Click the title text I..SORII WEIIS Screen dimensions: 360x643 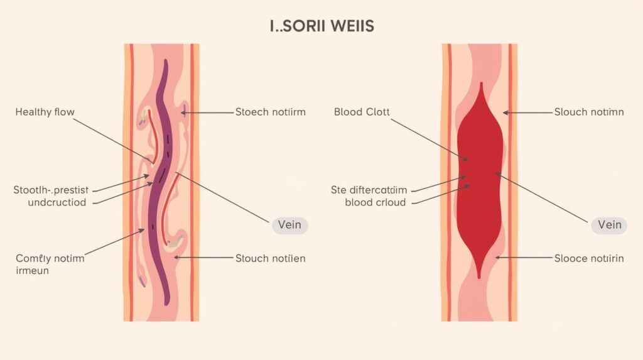tap(321, 26)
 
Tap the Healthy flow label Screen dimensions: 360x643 tap(45, 112)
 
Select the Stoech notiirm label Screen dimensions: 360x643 tap(270, 112)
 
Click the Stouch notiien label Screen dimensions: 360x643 tap(270, 258)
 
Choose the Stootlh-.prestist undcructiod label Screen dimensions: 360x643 tap(52, 195)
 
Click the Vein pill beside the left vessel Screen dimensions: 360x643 tap(289, 225)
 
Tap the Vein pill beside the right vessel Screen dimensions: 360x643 tap(609, 225)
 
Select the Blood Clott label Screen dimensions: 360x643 tap(362, 112)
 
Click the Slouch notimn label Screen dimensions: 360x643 tap(589, 112)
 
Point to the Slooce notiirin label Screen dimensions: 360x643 tap(589, 258)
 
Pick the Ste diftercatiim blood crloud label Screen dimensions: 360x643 tap(369, 195)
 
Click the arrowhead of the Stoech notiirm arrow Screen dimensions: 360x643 tap(183, 113)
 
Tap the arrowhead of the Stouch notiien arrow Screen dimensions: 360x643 tap(176, 258)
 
